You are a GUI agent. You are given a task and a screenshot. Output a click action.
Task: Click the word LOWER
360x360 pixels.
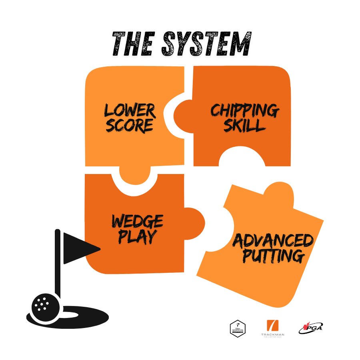130,110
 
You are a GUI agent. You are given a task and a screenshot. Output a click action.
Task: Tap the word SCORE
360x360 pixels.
129,125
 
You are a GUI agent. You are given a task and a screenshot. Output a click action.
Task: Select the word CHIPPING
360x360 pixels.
244,110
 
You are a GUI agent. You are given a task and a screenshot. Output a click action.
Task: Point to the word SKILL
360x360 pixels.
244,125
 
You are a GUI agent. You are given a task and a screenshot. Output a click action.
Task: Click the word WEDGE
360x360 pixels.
137,221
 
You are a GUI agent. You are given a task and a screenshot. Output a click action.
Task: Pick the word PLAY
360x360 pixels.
137,237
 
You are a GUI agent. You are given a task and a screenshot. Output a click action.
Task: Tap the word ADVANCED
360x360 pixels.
273,241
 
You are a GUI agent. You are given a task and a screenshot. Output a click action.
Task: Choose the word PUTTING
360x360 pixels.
273,256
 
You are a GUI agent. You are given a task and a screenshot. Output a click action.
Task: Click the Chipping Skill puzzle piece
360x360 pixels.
280,144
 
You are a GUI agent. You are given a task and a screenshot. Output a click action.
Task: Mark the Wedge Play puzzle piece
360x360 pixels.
120,260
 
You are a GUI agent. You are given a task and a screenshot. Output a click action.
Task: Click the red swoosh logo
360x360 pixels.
310,327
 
